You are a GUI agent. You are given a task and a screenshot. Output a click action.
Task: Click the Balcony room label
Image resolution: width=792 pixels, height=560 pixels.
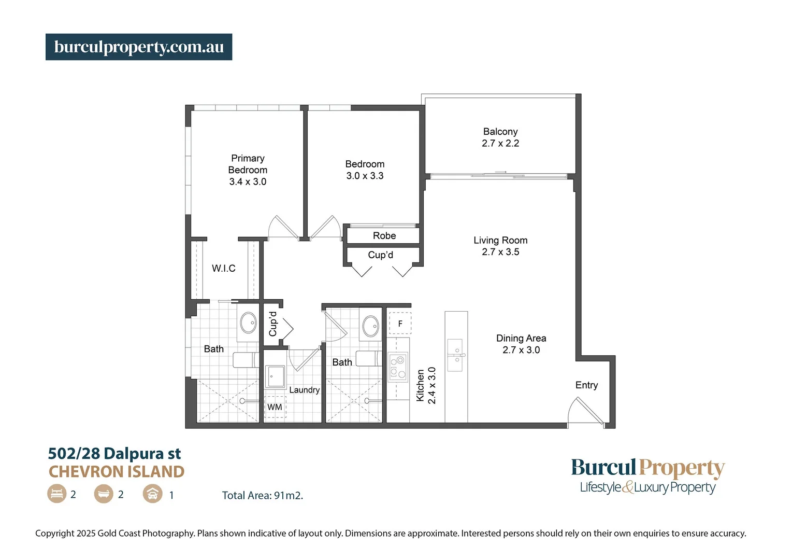coord(500,132)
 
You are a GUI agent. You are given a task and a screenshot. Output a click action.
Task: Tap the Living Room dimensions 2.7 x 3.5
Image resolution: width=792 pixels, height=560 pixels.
coord(500,252)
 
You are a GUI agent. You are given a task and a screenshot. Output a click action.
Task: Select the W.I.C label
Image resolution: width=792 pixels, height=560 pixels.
coord(224,268)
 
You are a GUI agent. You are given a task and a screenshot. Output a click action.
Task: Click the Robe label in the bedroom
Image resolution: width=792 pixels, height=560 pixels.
coord(384,236)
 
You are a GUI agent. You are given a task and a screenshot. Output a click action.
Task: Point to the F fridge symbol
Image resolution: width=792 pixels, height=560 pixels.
coord(400,324)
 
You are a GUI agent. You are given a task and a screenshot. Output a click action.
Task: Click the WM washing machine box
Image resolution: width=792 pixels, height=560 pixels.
coord(275,407)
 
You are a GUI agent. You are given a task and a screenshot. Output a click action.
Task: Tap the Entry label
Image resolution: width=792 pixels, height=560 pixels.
coord(586,385)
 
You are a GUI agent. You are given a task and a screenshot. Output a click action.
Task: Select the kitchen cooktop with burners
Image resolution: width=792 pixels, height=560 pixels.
coord(398,367)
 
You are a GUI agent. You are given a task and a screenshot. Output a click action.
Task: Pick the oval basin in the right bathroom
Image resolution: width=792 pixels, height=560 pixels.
coord(370,326)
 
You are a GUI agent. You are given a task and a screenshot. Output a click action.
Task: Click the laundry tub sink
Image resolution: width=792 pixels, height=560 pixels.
coord(276,376)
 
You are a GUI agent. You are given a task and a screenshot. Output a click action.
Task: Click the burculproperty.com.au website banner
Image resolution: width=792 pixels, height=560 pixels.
coord(139,47)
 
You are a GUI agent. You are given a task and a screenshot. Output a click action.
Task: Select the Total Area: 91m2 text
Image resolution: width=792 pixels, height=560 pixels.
coord(263,496)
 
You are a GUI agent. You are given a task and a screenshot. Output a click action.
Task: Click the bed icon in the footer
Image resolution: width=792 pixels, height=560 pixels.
coord(56,494)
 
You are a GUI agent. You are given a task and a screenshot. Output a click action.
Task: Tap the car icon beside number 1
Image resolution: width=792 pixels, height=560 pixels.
coord(152,494)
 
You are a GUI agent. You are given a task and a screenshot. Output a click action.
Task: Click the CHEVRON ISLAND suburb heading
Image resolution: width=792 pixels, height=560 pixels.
coord(117,472)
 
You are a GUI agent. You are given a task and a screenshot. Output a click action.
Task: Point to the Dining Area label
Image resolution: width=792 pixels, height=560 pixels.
coord(521,338)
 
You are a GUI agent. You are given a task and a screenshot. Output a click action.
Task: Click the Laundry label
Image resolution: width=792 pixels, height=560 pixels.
coord(304,390)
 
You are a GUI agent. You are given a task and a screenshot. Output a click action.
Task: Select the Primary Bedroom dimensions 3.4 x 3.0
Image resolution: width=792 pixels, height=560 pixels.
coord(248,182)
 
